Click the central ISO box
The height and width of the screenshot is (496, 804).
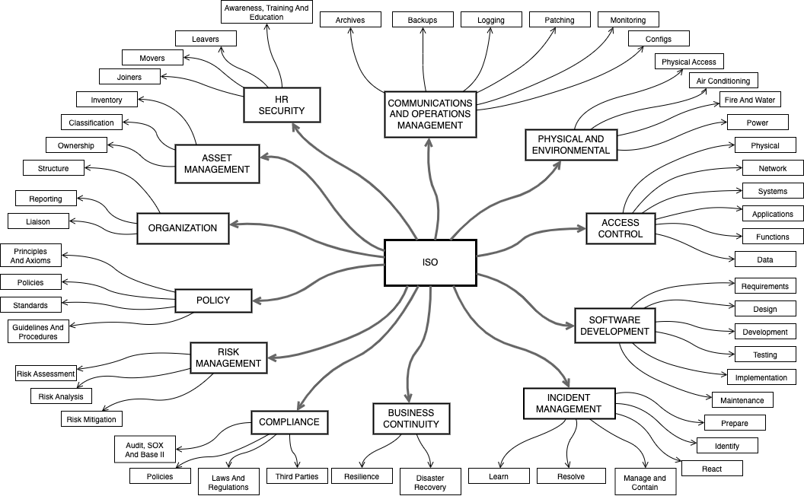(430, 262)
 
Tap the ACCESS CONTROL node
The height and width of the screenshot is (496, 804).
(620, 228)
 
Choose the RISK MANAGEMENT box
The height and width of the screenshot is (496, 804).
(228, 358)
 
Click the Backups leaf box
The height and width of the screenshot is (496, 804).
(423, 20)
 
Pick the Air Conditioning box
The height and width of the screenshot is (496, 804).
(723, 81)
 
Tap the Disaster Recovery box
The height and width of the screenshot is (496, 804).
(430, 482)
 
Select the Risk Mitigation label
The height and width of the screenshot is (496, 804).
(91, 419)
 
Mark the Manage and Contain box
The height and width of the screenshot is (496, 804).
(645, 482)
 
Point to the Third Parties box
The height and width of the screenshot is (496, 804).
(298, 476)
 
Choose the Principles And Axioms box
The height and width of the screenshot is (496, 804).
(31, 256)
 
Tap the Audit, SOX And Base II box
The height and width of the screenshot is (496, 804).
(145, 449)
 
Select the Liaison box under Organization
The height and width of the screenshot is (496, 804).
(38, 221)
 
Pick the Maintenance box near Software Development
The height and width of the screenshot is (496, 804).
(742, 400)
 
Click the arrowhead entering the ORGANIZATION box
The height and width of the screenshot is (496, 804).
(234, 225)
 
